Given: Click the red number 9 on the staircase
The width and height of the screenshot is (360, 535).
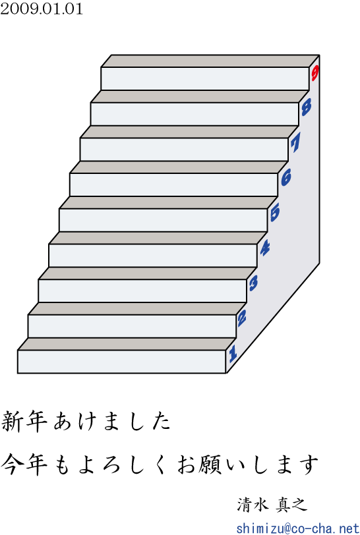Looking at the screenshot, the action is (x=315, y=73).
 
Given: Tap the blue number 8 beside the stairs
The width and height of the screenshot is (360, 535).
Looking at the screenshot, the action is (x=306, y=107).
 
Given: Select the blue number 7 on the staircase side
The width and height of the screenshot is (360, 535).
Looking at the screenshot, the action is (x=295, y=142).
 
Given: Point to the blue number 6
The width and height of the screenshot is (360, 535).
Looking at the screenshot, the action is (x=286, y=177).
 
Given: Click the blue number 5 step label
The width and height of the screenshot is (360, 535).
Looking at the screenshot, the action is (x=274, y=212).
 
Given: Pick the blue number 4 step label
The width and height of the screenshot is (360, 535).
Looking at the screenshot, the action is (x=264, y=248).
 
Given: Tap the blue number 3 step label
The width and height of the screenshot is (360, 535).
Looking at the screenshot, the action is (x=253, y=283).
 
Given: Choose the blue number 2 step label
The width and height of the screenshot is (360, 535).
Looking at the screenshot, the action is (x=242, y=318).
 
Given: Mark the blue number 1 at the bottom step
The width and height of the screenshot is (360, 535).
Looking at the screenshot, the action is (x=233, y=353).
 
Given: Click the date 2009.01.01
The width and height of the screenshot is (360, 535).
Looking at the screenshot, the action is (x=42, y=9).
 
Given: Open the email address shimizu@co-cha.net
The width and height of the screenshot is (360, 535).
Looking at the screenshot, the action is (x=297, y=528).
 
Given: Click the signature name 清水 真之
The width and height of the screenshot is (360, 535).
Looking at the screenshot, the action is (x=272, y=504).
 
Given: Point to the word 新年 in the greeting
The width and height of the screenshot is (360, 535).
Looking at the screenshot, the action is (x=24, y=422).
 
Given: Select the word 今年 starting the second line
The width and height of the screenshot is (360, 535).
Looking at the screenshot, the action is (x=24, y=464).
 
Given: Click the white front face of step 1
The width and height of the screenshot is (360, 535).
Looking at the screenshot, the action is (x=121, y=362).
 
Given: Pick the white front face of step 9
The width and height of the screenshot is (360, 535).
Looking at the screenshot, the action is (x=205, y=79).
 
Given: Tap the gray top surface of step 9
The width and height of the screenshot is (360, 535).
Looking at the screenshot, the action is (x=210, y=61).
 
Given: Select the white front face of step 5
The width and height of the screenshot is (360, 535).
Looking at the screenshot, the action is (x=164, y=221).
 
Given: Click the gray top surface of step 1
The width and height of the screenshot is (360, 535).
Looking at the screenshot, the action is (x=127, y=345).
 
